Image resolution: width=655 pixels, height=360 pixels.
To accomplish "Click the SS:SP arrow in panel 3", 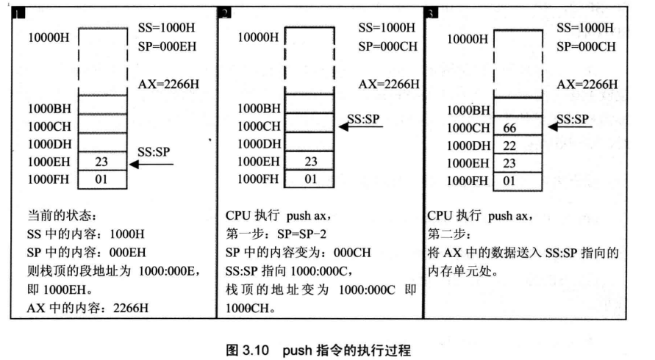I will coord(570,126).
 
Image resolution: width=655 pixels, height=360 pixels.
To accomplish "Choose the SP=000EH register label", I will coord(165,43).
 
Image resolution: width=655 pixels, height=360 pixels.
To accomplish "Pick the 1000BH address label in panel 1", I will coord(49,108).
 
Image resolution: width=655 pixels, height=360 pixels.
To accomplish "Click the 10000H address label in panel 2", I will coord(259,37).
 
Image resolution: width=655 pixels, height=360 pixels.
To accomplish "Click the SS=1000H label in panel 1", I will coord(165,27).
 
